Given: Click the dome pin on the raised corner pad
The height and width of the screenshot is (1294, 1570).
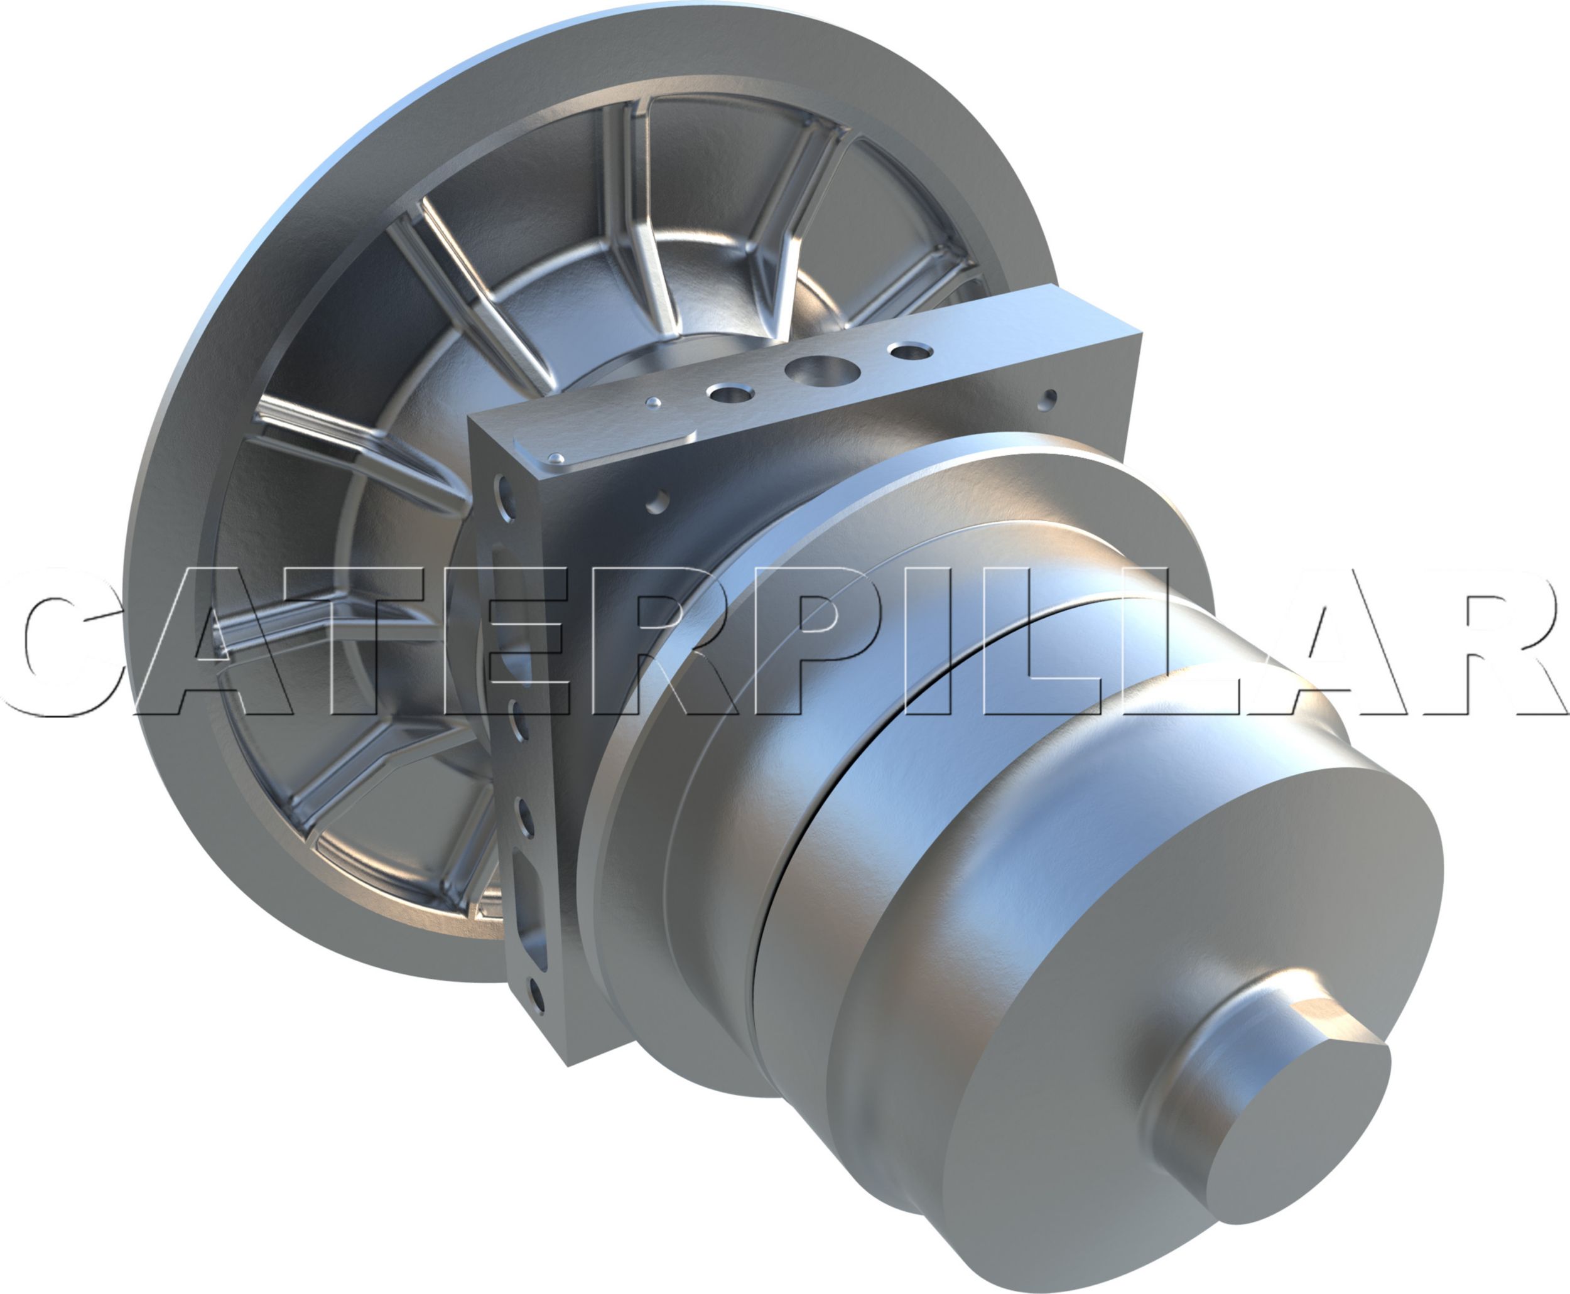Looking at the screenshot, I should coord(555,457).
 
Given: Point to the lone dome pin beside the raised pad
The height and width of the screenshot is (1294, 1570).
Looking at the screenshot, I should coord(654,403).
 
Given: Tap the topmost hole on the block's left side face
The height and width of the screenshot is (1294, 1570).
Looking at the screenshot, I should coord(506,493).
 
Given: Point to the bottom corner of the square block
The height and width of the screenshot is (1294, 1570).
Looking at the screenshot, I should coord(570,1064).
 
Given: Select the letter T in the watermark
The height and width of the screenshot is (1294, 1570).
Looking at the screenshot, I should coord(358,641).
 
